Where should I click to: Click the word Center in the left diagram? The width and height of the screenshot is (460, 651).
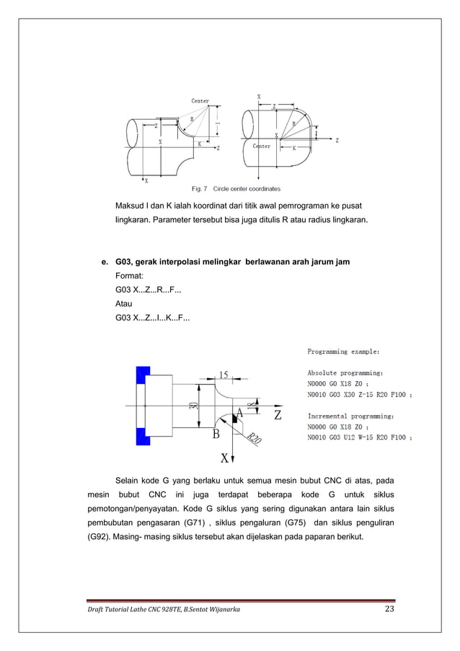pos(200,101)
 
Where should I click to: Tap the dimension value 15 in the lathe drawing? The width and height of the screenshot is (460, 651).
pos(224,375)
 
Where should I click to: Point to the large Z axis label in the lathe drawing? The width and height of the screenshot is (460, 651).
pos(277,416)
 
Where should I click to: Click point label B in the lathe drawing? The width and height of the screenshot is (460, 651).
pos(215,434)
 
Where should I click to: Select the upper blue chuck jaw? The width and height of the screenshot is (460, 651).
pos(142,375)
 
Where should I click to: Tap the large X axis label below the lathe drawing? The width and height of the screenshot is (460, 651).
pos(224,458)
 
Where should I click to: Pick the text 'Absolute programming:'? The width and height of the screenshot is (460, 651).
pos(345,373)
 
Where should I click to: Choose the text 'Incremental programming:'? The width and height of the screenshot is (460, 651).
pos(350,416)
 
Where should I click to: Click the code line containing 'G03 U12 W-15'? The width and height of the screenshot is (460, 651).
pos(360,437)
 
